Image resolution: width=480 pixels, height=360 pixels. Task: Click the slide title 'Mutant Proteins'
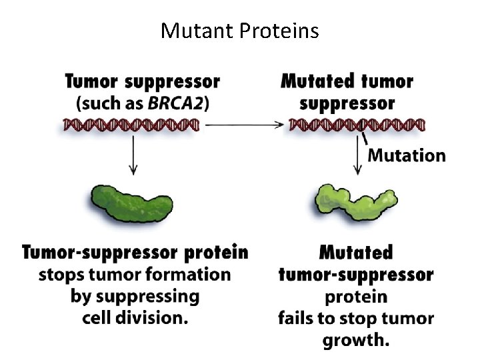[240, 31]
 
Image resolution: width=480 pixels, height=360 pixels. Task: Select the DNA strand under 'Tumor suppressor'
[132, 125]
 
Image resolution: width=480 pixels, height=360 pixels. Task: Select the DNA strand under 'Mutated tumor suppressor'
[357, 125]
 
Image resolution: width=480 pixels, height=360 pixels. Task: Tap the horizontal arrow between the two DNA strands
[244, 124]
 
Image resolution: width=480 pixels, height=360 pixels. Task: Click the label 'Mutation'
[407, 155]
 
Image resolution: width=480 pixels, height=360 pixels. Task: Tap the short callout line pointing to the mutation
[364, 139]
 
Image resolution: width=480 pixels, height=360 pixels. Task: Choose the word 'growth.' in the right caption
[356, 340]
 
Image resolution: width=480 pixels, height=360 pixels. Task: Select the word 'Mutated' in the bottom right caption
[356, 253]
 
